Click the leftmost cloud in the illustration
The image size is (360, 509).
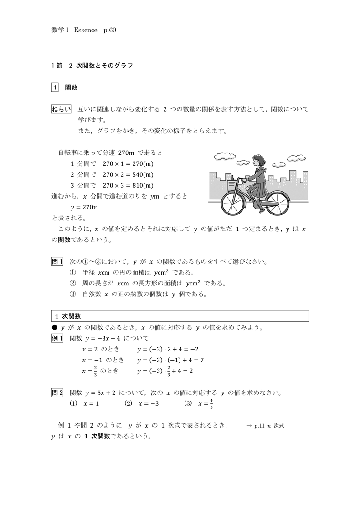(x=223, y=156)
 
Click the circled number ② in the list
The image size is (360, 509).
(x=72, y=283)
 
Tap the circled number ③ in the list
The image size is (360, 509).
(x=72, y=294)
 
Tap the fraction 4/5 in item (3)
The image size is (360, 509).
(x=211, y=404)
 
